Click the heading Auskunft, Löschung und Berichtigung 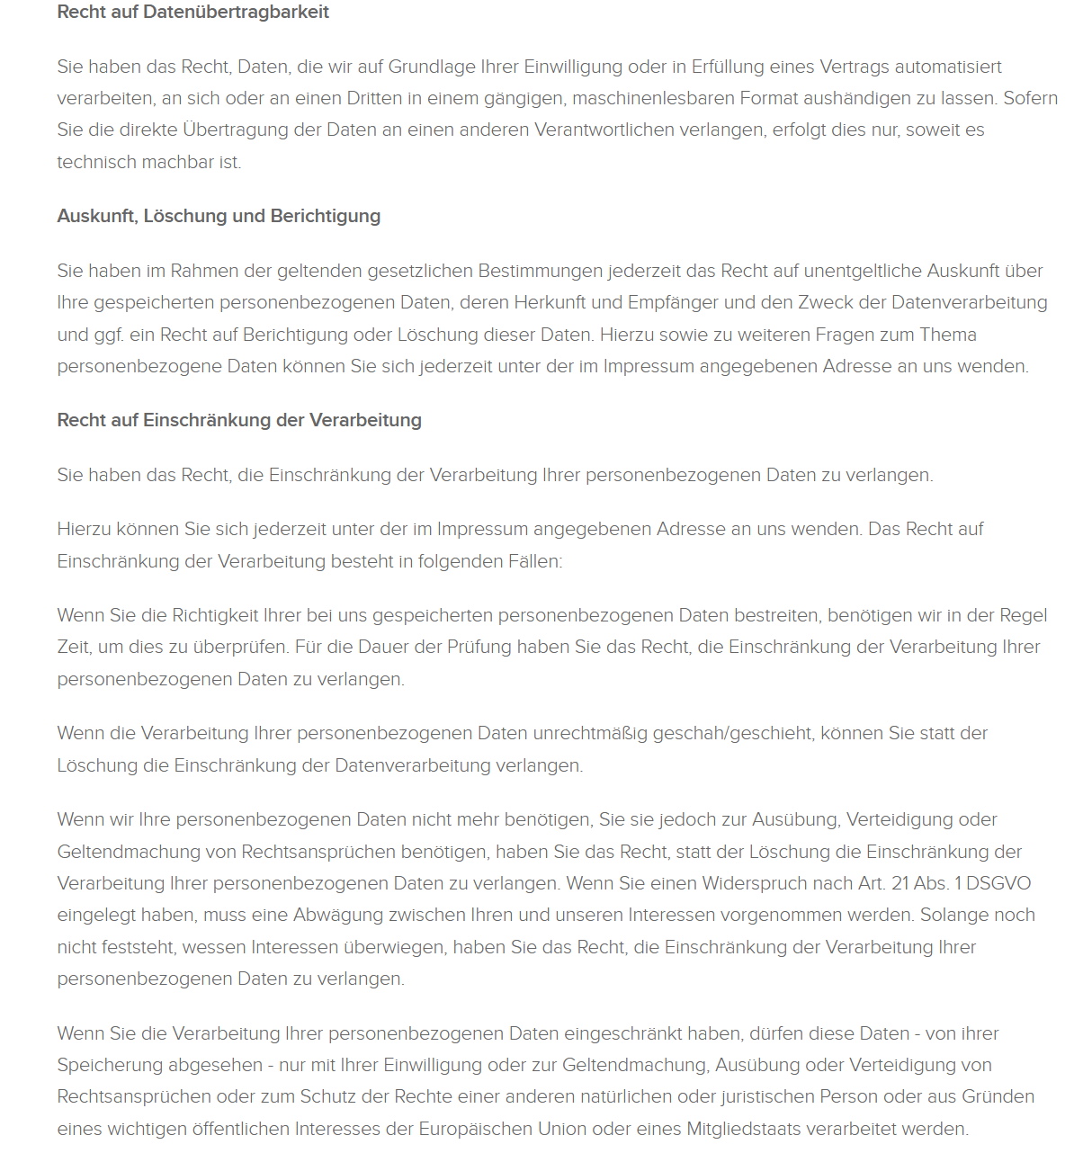coord(219,217)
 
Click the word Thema coord(947,335)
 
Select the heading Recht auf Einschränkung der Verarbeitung coord(239,420)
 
